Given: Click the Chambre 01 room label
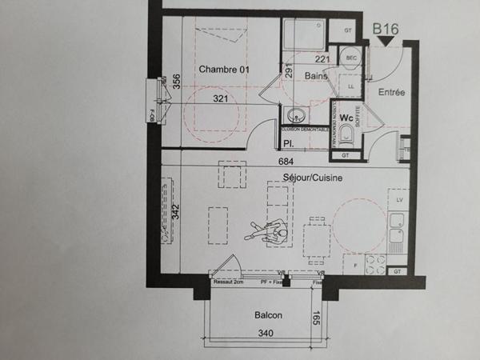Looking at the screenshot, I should [x=225, y=70].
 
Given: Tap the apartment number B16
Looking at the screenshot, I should [x=387, y=30].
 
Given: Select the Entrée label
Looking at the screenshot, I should [x=391, y=93].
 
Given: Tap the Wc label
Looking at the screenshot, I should [x=346, y=118].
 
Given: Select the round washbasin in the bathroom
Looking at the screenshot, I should [x=292, y=114].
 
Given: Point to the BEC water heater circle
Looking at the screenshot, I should [x=350, y=58].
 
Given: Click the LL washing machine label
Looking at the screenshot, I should [x=350, y=84].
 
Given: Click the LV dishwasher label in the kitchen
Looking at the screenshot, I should [x=398, y=197].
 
